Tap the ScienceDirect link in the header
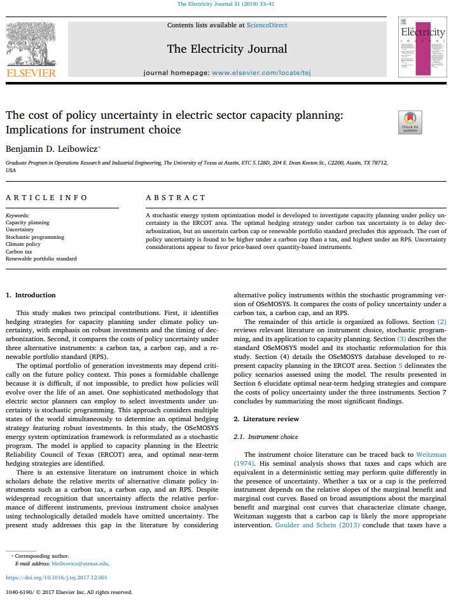pyautogui.click(x=267, y=25)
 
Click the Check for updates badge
pyautogui.click(x=410, y=122)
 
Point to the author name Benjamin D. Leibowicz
pyautogui.click(x=52, y=149)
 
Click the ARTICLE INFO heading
pyautogui.click(x=46, y=198)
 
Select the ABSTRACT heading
pyautogui.click(x=176, y=198)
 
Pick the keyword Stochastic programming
pyautogui.click(x=35, y=237)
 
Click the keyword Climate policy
pyautogui.click(x=23, y=244)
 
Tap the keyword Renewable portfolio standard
pyautogui.click(x=41, y=259)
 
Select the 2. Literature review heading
pyautogui.click(x=266, y=419)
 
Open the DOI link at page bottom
pyautogui.click(x=57, y=577)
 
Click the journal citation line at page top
pyautogui.click(x=225, y=5)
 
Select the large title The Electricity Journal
pyautogui.click(x=227, y=49)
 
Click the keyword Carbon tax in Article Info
pyautogui.click(x=18, y=252)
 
